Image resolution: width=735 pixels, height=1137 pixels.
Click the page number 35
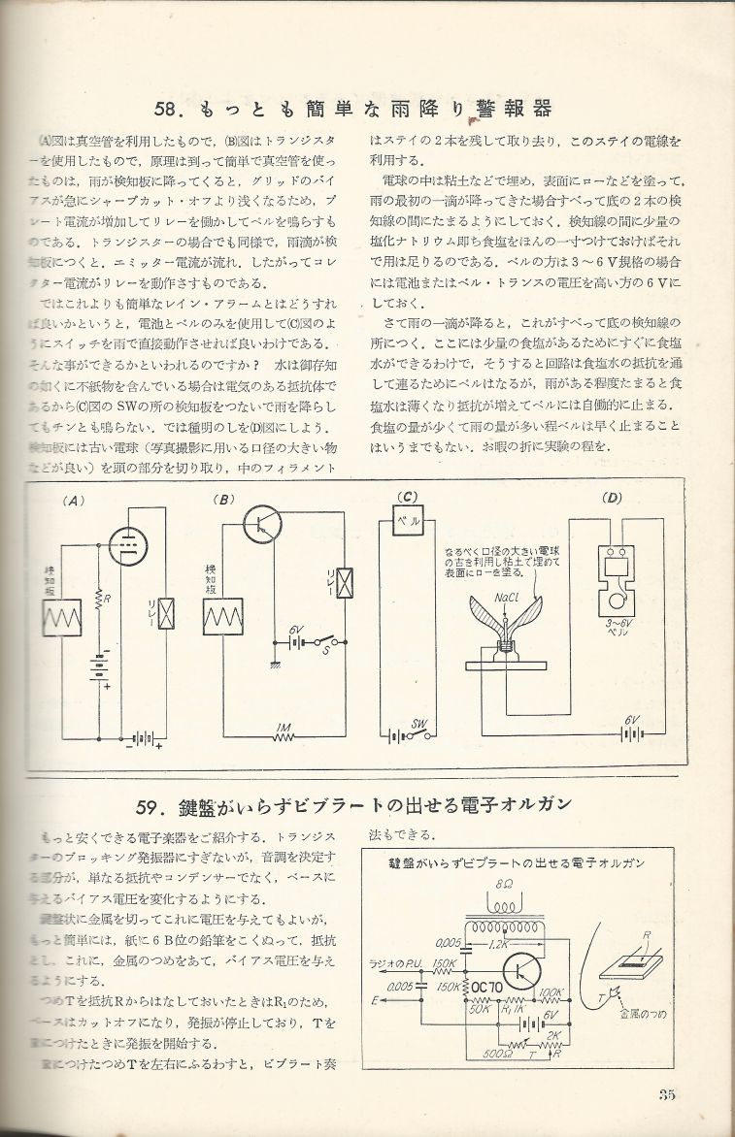click(665, 1095)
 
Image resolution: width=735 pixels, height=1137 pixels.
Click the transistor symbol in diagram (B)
click(262, 525)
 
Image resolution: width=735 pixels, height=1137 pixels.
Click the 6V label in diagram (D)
click(633, 719)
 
